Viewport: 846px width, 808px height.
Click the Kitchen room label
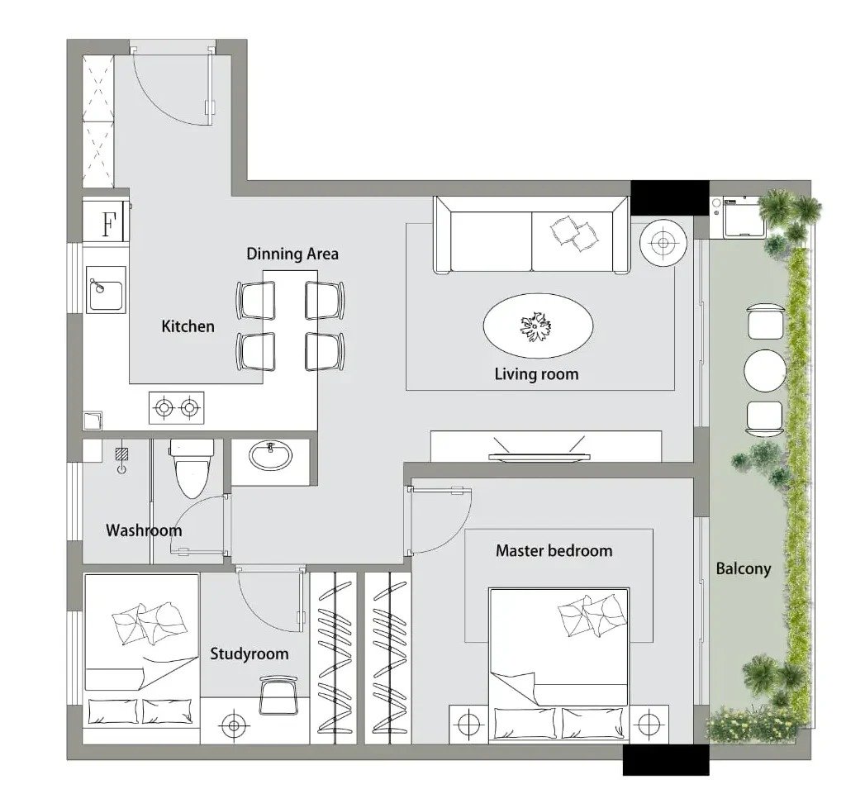pyautogui.click(x=188, y=326)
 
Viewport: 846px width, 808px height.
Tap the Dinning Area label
pyautogui.click(x=292, y=254)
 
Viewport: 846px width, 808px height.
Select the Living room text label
pyautogui.click(x=536, y=373)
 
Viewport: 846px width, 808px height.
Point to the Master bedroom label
pyautogui.click(x=554, y=551)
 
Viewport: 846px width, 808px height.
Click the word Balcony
pyautogui.click(x=744, y=568)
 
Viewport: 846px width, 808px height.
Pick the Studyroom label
pyautogui.click(x=250, y=654)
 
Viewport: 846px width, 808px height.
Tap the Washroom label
pyautogui.click(x=144, y=530)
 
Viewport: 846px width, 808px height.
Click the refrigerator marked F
pyautogui.click(x=106, y=221)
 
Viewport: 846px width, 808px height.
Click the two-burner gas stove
pyautogui.click(x=177, y=408)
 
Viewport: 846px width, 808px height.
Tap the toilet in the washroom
pyautogui.click(x=192, y=467)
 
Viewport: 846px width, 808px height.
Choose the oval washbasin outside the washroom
pyautogui.click(x=270, y=455)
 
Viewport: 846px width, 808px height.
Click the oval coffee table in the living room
pyautogui.click(x=538, y=326)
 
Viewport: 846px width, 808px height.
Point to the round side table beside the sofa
pyautogui.click(x=663, y=243)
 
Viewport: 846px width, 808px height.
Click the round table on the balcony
pyautogui.click(x=764, y=371)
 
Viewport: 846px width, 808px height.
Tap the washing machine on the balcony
pyautogui.click(x=745, y=217)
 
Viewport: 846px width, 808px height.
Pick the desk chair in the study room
pyautogui.click(x=278, y=694)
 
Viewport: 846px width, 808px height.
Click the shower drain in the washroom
pyautogui.click(x=122, y=454)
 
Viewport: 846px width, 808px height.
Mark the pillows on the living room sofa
pyautogui.click(x=574, y=233)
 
